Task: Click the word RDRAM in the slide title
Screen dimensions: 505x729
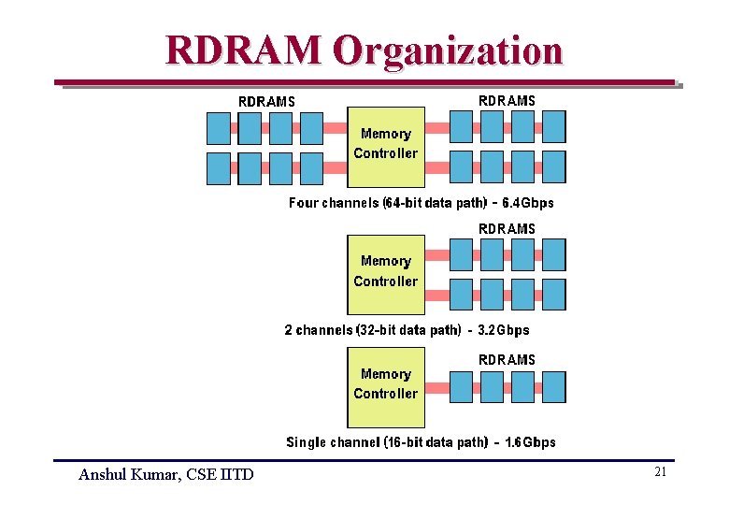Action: pyautogui.click(x=244, y=50)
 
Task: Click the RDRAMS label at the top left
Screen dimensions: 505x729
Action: pyautogui.click(x=266, y=101)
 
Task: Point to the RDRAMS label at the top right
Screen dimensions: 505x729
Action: pyautogui.click(x=507, y=100)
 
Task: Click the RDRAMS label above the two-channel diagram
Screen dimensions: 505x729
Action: pyautogui.click(x=507, y=228)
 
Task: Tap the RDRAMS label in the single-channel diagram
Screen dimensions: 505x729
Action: pyautogui.click(x=507, y=359)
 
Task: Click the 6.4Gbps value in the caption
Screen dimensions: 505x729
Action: pyautogui.click(x=528, y=203)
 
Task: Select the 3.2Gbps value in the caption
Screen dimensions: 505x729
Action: pyautogui.click(x=504, y=330)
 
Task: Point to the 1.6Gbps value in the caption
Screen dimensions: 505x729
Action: pyautogui.click(x=530, y=442)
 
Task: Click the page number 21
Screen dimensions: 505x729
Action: pyautogui.click(x=660, y=473)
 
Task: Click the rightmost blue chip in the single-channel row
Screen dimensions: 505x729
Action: pyautogui.click(x=553, y=386)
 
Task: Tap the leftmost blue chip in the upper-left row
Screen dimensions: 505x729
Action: pyautogui.click(x=218, y=127)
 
